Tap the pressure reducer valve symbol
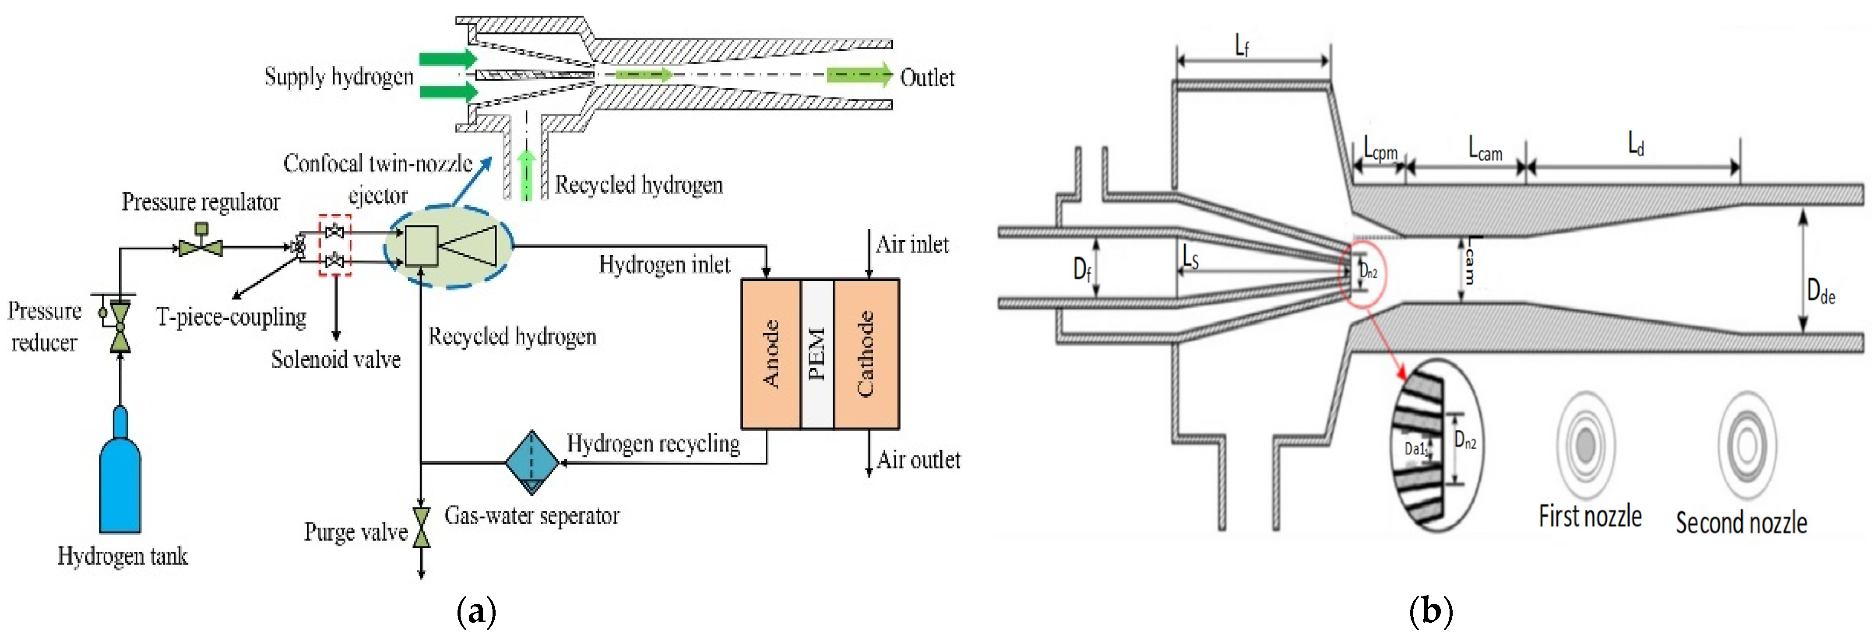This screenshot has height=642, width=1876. coord(120,326)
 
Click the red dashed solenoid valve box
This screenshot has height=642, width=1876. coord(335,245)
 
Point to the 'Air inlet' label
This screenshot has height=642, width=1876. coord(912,245)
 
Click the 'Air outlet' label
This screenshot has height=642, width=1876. coord(919,460)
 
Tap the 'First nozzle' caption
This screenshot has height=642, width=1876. coord(1590,516)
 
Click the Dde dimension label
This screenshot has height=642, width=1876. coord(1821,293)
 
